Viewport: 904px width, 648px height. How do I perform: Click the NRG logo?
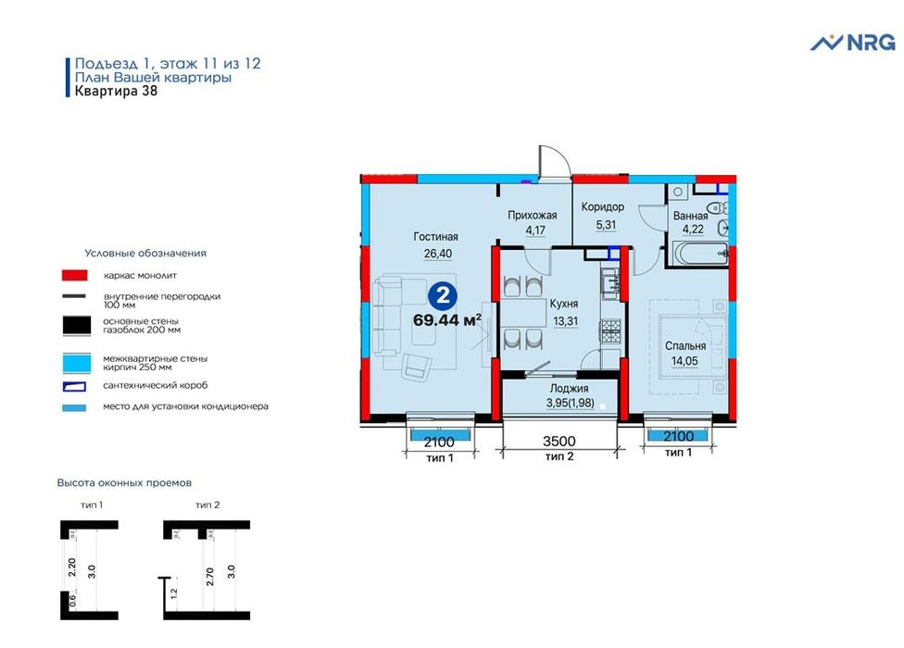coord(853,43)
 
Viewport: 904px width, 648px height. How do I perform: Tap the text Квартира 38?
coord(116,91)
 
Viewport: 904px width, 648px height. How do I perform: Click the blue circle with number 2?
coord(443,296)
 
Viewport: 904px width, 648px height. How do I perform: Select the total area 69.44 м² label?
coord(446,319)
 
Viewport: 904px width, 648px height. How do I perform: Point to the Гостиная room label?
coord(436,236)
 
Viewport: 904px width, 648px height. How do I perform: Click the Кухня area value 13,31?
coord(565,321)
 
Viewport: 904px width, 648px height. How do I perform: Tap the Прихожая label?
coord(533,216)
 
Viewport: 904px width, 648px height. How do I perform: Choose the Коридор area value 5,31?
coord(606,225)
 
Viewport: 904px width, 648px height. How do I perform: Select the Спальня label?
coord(684,345)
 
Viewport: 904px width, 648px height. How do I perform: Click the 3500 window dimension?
coord(559,442)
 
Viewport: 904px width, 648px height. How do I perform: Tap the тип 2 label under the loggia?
coord(559,456)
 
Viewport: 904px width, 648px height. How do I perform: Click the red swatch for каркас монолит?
coord(75,275)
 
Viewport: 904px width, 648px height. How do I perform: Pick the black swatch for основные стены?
coord(77,326)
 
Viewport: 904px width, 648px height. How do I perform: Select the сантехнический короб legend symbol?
coord(74,387)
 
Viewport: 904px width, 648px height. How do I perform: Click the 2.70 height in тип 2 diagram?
coord(210,577)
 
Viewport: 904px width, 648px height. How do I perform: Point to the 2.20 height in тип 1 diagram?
coord(72,567)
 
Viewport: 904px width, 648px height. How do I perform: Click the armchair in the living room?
coord(416,366)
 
